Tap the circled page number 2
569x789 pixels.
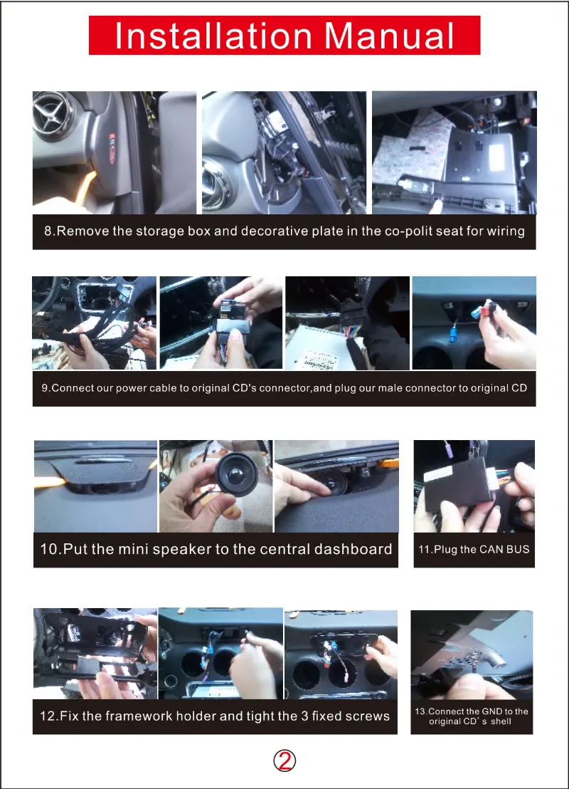[284, 761]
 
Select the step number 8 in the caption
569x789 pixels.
[48, 231]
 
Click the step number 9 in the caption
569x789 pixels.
[45, 389]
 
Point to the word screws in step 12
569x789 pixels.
[364, 716]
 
